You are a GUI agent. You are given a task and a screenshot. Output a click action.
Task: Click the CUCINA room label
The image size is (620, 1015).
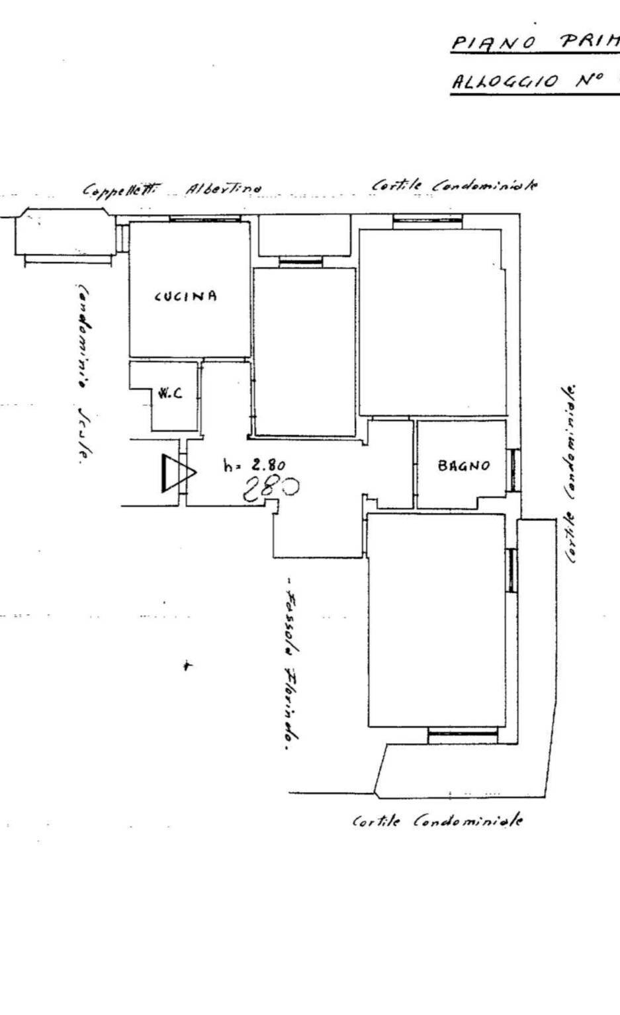pyautogui.click(x=185, y=296)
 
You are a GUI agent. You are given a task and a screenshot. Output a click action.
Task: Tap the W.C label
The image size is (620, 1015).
pyautogui.click(x=169, y=393)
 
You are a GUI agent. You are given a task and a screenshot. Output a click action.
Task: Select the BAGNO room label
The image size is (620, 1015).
pyautogui.click(x=464, y=466)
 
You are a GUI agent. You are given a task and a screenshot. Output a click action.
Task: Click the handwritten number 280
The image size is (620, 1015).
pyautogui.click(x=271, y=489)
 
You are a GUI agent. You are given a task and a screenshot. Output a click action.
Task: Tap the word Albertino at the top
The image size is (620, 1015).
pyautogui.click(x=223, y=188)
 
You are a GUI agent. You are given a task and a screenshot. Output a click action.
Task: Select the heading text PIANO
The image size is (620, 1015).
pyautogui.click(x=493, y=43)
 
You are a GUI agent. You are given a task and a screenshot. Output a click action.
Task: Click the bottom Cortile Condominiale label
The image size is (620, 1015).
pyautogui.click(x=437, y=821)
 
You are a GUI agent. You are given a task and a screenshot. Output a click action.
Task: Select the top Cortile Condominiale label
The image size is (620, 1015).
pyautogui.click(x=454, y=185)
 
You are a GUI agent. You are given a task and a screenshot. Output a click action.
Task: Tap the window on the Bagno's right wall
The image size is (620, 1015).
pyautogui.click(x=513, y=469)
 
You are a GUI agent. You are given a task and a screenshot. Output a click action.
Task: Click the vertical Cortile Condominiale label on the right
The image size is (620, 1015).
pyautogui.click(x=570, y=473)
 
